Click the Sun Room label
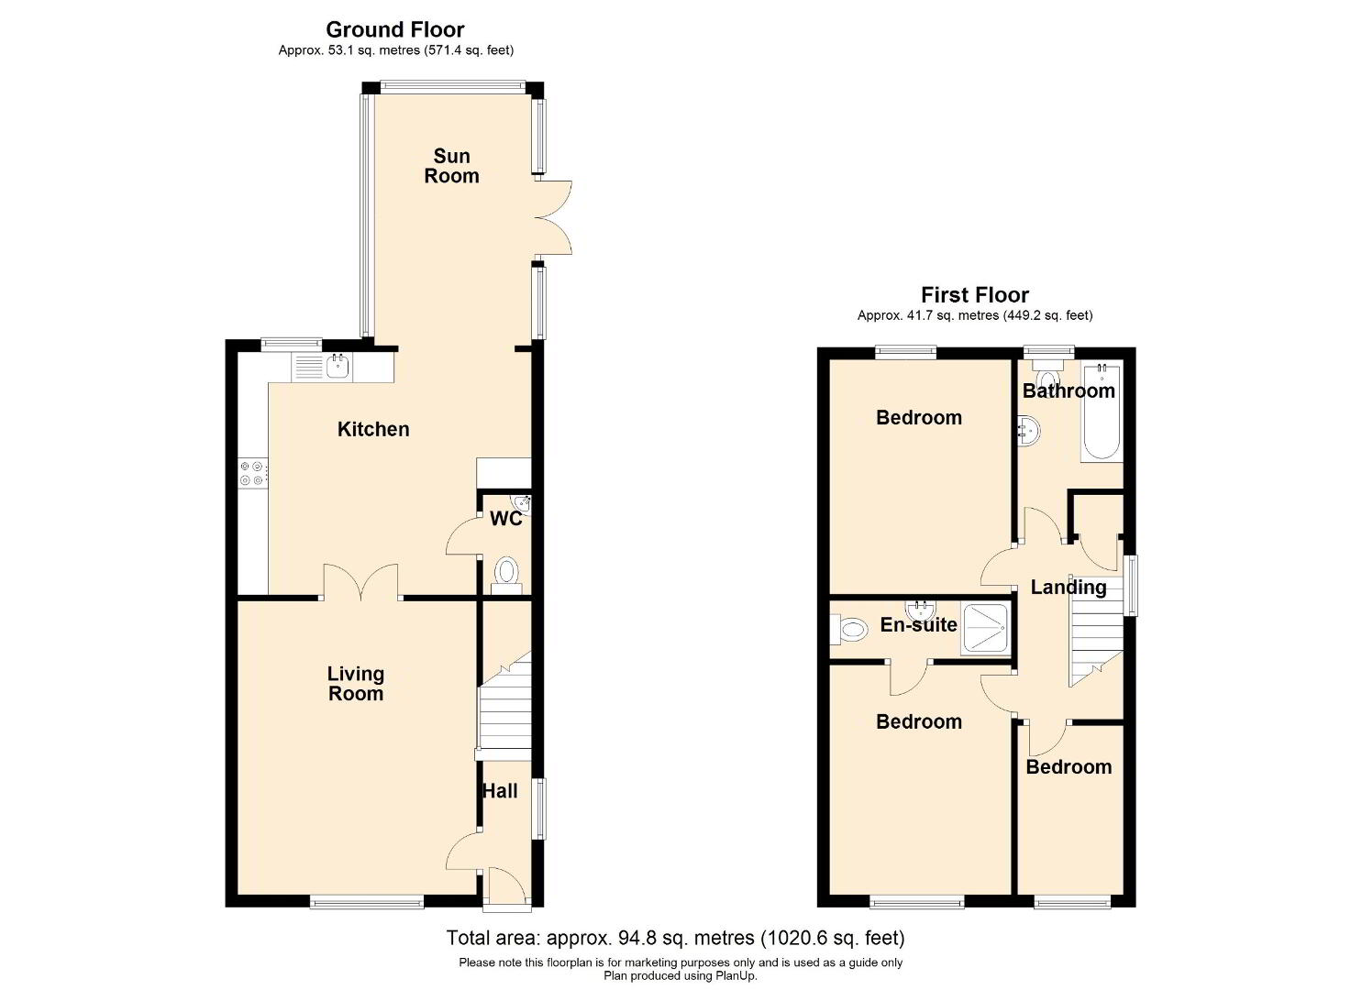pyautogui.click(x=451, y=166)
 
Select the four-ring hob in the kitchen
pyautogui.click(x=252, y=473)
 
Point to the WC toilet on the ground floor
pyautogui.click(x=506, y=577)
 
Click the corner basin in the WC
pyautogui.click(x=522, y=504)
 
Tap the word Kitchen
pyautogui.click(x=373, y=430)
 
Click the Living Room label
pyautogui.click(x=356, y=683)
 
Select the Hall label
pyautogui.click(x=500, y=791)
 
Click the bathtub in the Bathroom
pyautogui.click(x=1102, y=412)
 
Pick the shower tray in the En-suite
pyautogui.click(x=986, y=629)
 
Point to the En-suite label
pyautogui.click(x=919, y=625)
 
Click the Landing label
pyautogui.click(x=1069, y=587)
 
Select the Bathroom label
pyautogui.click(x=1069, y=390)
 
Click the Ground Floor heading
pyautogui.click(x=395, y=29)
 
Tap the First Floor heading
pyautogui.click(x=975, y=295)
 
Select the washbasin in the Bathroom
pyautogui.click(x=1029, y=431)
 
